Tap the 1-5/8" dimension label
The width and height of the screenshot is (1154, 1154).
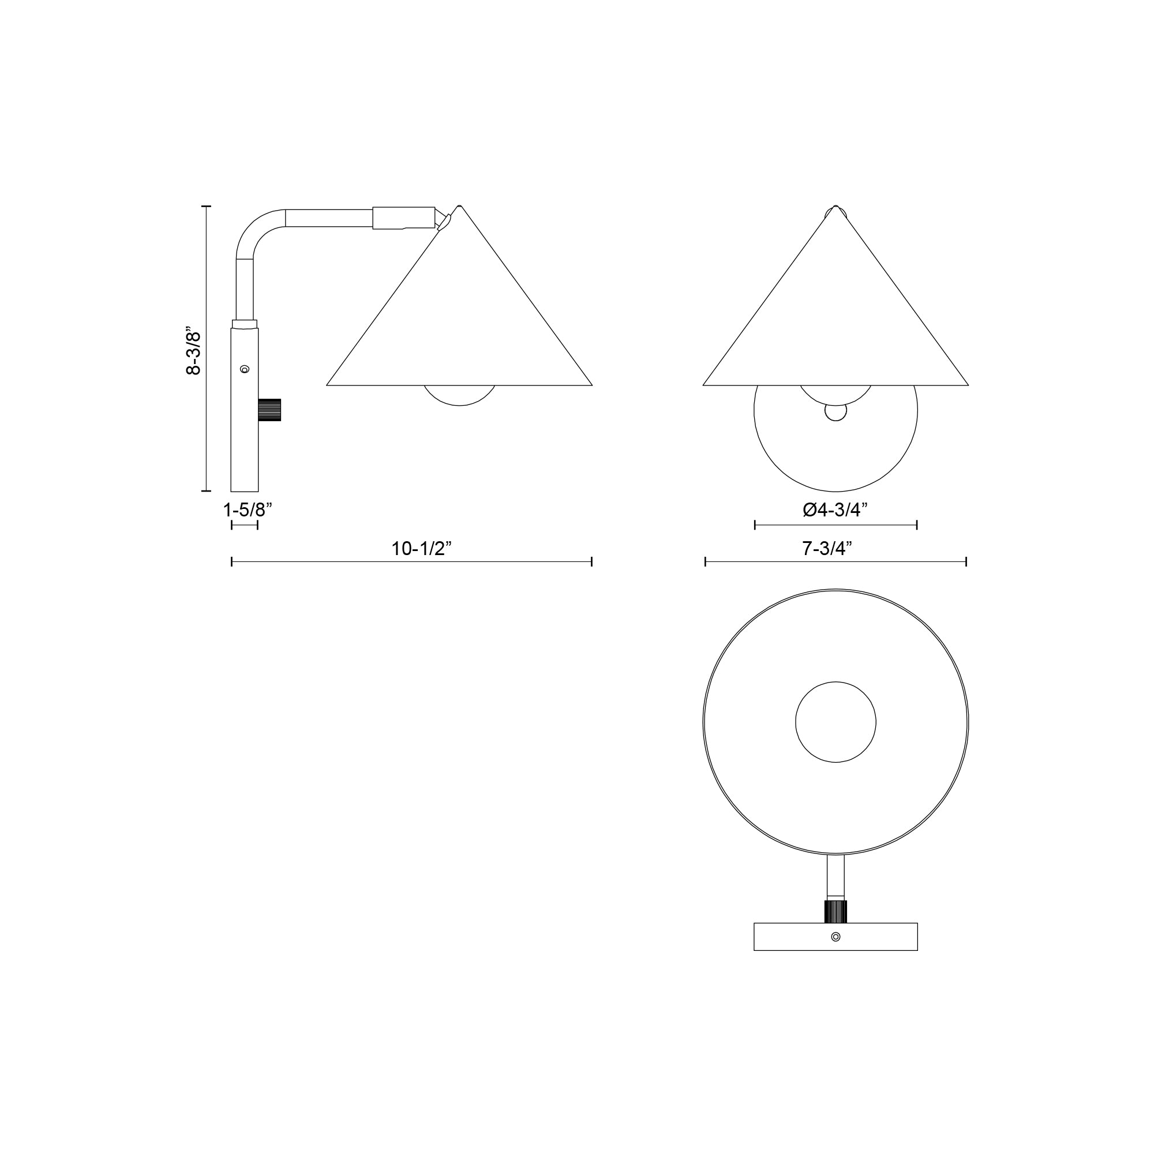click(248, 510)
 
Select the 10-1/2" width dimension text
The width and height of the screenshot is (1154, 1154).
click(422, 548)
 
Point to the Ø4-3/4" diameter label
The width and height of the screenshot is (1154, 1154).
click(835, 510)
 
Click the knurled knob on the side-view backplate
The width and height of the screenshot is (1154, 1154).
click(270, 409)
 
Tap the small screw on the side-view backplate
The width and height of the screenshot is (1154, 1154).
click(243, 370)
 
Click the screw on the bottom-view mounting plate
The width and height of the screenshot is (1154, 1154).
click(835, 936)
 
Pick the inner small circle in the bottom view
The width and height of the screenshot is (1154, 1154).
click(835, 722)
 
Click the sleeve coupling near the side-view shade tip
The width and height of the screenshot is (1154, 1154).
click(404, 218)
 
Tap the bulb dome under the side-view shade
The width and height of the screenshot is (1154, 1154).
click(459, 395)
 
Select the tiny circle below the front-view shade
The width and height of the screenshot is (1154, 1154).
click(835, 412)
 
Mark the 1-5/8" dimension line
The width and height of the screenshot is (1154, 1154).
click(244, 525)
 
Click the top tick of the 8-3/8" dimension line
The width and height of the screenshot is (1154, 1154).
click(207, 206)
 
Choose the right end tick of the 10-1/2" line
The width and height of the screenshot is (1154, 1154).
click(591, 561)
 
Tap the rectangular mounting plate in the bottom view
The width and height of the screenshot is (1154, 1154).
click(788, 936)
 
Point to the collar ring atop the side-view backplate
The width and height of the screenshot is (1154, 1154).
click(245, 324)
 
